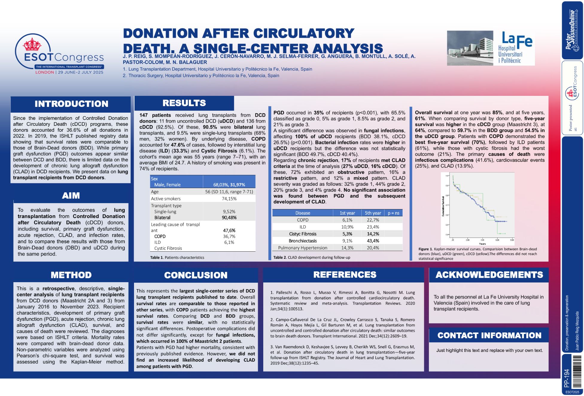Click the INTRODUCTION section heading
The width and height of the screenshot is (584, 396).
point(71,104)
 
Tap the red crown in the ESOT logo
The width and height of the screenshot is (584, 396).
point(32,44)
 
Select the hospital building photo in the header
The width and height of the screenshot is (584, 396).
point(470,48)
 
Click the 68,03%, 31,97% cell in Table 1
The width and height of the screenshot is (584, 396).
point(229,185)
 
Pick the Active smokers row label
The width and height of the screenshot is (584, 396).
point(166,199)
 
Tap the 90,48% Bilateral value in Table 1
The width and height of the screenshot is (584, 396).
point(229,218)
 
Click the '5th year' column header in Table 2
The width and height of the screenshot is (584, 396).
point(372,213)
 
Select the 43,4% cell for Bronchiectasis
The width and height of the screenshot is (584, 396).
point(373,241)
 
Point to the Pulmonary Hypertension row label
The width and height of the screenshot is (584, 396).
point(302,248)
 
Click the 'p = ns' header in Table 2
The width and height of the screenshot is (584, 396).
point(393,213)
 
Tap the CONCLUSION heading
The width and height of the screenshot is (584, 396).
point(196,275)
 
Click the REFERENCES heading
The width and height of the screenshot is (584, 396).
point(345,275)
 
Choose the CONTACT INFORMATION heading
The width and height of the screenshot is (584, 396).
point(489,335)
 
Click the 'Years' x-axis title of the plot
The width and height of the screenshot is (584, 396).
point(482,244)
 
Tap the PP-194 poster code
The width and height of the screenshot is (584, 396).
point(566,378)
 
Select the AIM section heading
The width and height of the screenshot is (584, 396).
point(71,196)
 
